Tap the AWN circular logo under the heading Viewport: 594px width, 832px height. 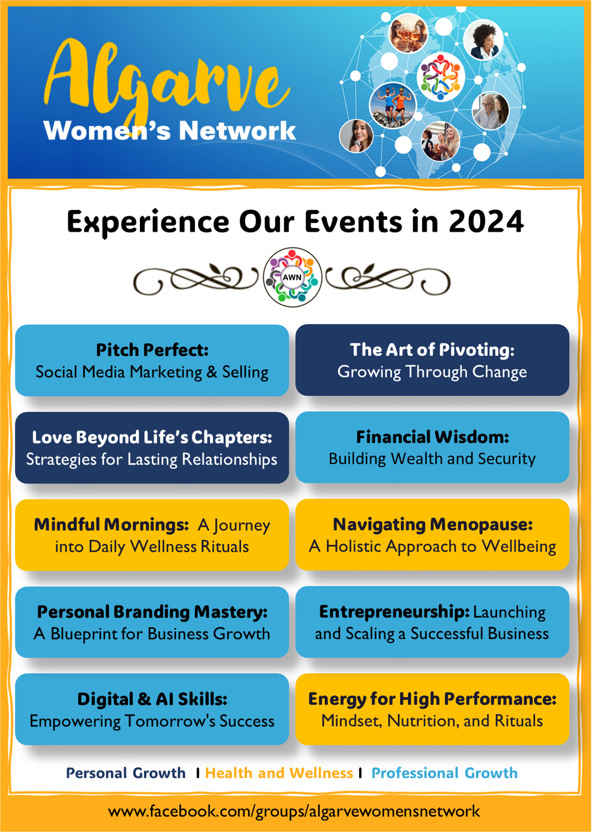tap(293, 277)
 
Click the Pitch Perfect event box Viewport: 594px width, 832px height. tap(152, 360)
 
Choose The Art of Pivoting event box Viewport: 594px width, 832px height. tap(432, 360)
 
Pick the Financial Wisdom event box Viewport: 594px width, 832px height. tap(432, 447)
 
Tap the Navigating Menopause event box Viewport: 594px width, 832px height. tap(432, 535)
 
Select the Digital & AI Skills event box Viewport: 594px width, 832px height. tap(152, 709)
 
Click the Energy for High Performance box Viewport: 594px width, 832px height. tap(432, 709)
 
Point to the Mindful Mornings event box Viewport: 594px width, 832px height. tap(152, 535)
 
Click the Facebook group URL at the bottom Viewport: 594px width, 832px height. tap(294, 811)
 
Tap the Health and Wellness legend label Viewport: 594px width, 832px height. tap(279, 773)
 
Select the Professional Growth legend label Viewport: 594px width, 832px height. tap(445, 773)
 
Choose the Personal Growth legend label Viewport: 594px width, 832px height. tap(126, 773)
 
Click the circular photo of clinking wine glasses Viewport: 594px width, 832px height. tap(408, 33)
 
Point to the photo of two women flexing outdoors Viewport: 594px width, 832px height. tap(393, 105)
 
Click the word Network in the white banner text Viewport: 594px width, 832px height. tap(238, 130)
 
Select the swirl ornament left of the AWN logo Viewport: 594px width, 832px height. tap(196, 279)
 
